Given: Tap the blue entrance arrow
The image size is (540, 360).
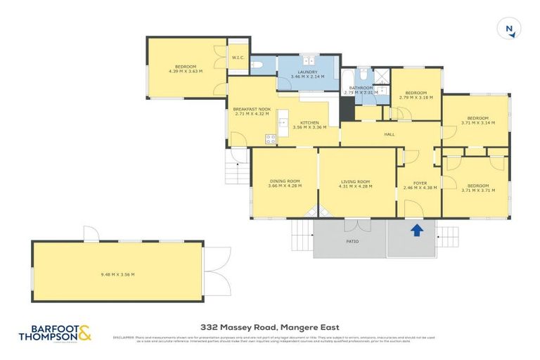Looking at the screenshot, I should tap(416, 229).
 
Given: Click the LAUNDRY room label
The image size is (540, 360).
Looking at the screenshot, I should tap(307, 72).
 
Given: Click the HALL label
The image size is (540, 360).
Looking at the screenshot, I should tap(389, 134).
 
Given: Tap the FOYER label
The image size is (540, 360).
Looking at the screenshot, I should tap(420, 183).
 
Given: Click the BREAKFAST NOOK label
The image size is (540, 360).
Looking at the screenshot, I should tap(252, 110).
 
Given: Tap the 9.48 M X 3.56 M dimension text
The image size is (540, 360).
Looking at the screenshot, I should tap(117, 274).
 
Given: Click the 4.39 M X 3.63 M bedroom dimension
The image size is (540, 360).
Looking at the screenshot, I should tap(186, 71).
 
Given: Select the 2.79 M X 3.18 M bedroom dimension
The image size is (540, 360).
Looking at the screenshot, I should tap(416, 97).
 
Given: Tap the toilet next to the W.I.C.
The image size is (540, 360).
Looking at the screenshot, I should tap(258, 66).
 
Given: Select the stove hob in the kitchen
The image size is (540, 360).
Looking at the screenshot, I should tap(268, 136).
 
